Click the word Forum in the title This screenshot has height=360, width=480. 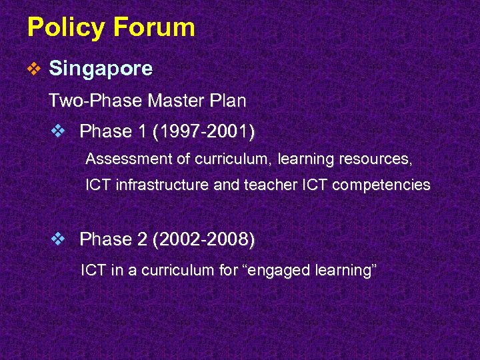coord(155,27)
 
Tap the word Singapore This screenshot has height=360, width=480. coord(101,68)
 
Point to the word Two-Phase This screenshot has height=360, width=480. coord(95,101)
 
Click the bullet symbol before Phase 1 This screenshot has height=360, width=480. coord(58,131)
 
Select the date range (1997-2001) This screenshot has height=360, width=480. coord(203,131)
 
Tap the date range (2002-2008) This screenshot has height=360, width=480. coord(203,239)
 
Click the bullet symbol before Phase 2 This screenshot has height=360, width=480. coord(58,239)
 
